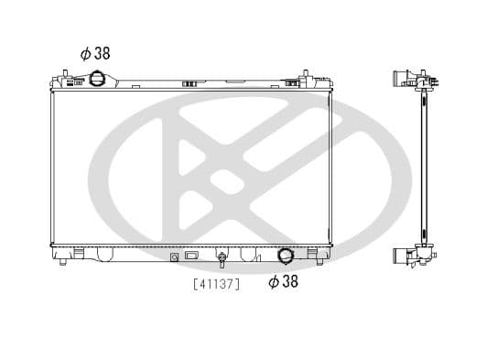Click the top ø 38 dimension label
click(95, 53)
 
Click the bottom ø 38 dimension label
click(283, 282)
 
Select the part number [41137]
click(216, 284)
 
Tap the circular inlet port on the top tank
click(96, 80)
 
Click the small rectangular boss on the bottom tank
click(192, 256)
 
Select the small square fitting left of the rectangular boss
click(175, 257)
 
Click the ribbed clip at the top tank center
click(190, 85)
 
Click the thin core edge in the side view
click(423, 165)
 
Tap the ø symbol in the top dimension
click(85, 53)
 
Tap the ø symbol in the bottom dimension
click(273, 282)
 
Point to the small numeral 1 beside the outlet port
click(259, 259)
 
